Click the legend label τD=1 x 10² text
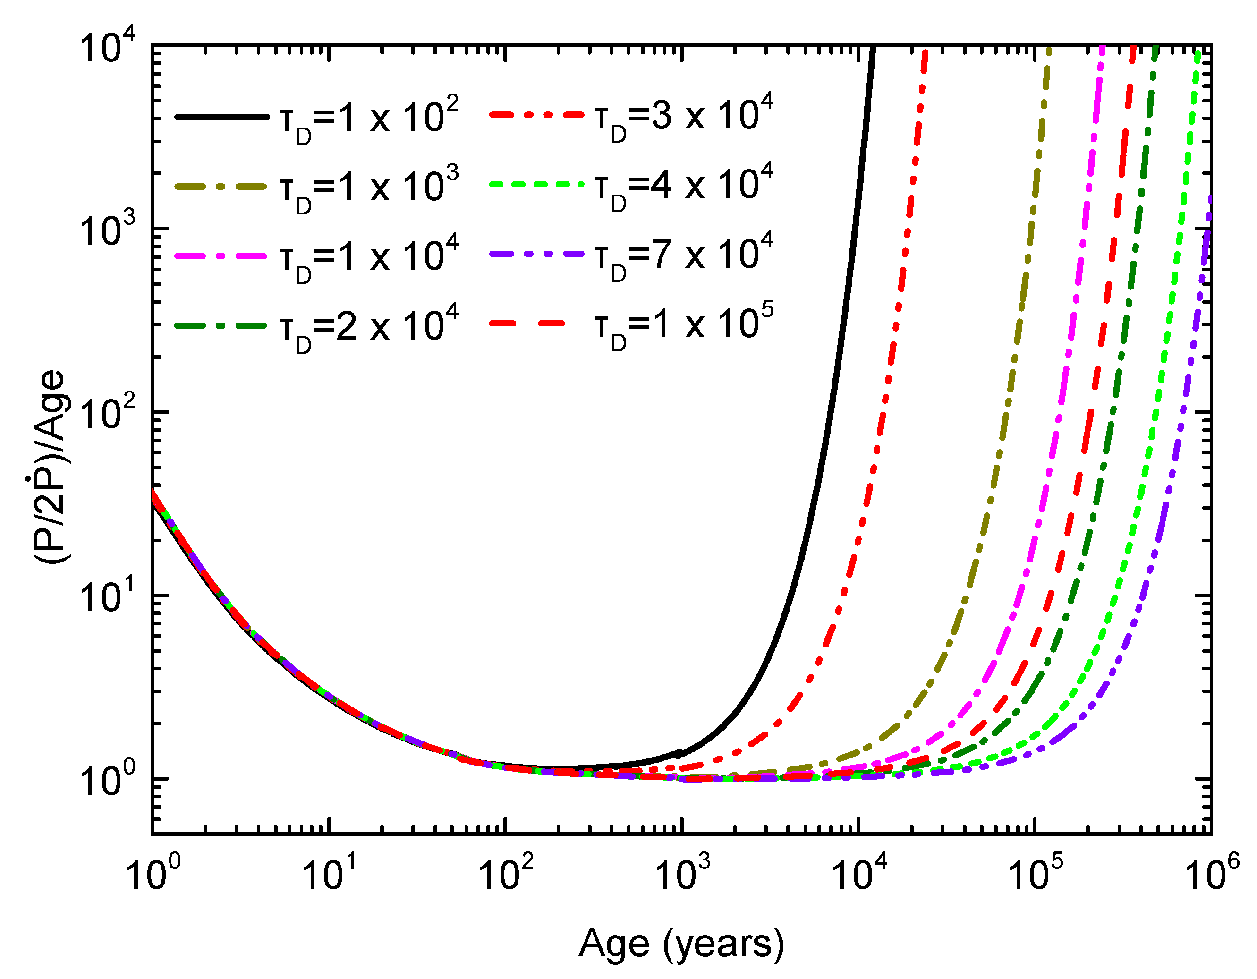point(368,119)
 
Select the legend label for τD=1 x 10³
point(368,187)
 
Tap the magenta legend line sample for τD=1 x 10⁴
point(221,256)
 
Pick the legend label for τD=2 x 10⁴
point(368,326)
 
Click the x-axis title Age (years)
point(681,944)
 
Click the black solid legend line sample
point(221,117)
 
